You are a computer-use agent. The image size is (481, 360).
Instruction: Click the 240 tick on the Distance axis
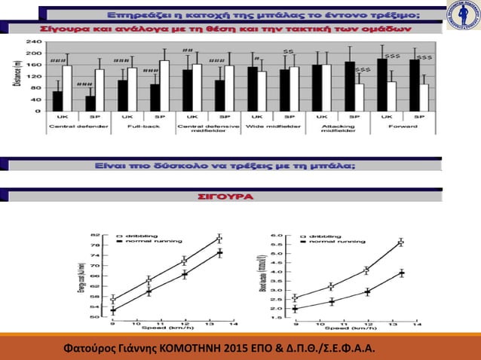34,40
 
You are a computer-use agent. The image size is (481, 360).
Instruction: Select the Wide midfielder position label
272,128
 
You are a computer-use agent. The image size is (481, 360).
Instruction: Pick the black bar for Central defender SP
91,104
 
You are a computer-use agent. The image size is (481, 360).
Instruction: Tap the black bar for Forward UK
382,84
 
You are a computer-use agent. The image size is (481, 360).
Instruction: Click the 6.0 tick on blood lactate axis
278,236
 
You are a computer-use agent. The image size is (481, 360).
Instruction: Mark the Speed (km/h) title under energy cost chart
173,328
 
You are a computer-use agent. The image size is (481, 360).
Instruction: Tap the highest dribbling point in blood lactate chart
400,242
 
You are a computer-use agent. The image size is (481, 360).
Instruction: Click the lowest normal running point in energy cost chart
113,310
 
